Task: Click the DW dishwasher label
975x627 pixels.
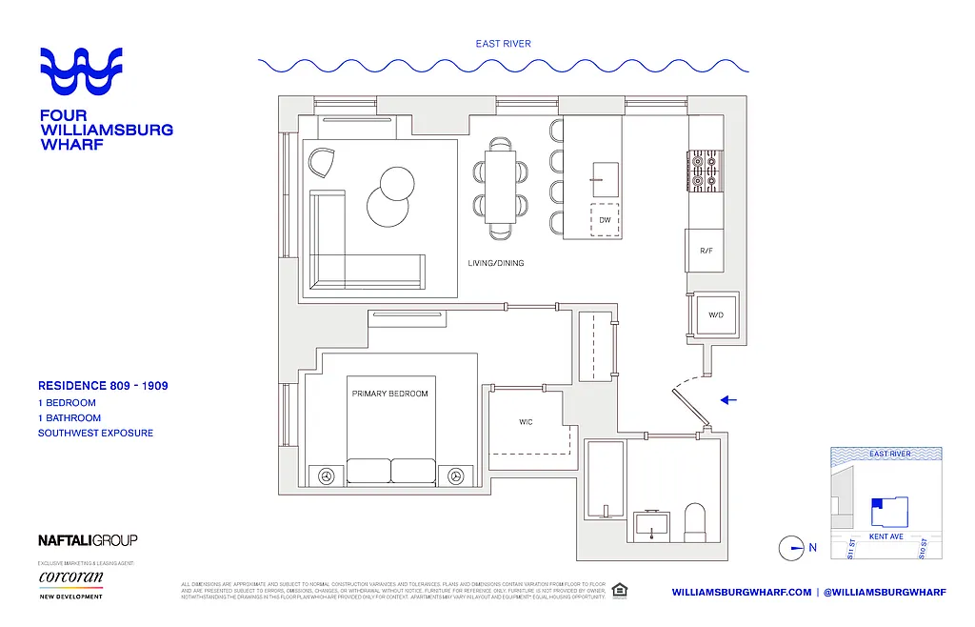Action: pyautogui.click(x=605, y=220)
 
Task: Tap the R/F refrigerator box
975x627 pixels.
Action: pyautogui.click(x=706, y=251)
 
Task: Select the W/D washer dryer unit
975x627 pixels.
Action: pyautogui.click(x=715, y=313)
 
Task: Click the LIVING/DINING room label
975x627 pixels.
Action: pyautogui.click(x=495, y=263)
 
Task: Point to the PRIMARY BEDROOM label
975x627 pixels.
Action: pyautogui.click(x=389, y=394)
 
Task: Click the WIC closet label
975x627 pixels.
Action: pyautogui.click(x=525, y=421)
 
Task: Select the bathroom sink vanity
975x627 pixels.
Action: pyautogui.click(x=652, y=523)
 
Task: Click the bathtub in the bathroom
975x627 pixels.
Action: pyautogui.click(x=604, y=480)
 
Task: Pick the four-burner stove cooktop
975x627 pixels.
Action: pyautogui.click(x=706, y=171)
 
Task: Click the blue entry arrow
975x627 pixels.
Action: pyautogui.click(x=728, y=400)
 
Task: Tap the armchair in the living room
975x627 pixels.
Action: pyautogui.click(x=322, y=162)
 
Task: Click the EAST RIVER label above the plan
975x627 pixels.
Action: pyautogui.click(x=504, y=43)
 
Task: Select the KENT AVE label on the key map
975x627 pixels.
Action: pyautogui.click(x=886, y=536)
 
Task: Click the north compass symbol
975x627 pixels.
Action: pyautogui.click(x=792, y=548)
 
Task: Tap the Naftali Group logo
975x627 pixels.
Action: pyautogui.click(x=88, y=540)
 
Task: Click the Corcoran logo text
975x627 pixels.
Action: pyautogui.click(x=70, y=577)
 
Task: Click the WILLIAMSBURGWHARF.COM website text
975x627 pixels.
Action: pyautogui.click(x=742, y=592)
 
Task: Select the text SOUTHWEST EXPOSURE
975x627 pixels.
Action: pyautogui.click(x=95, y=433)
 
